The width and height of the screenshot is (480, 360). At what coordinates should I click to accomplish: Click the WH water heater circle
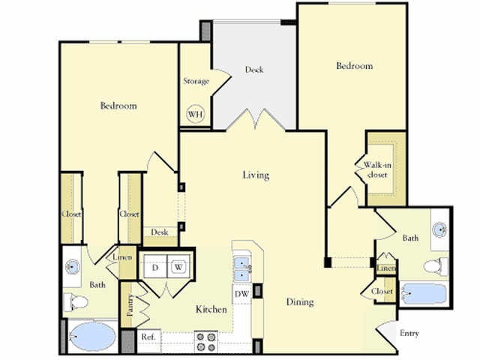(x=196, y=114)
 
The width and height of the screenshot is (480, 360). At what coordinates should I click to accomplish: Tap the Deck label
(x=254, y=70)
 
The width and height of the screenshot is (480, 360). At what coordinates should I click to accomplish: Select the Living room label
(x=255, y=175)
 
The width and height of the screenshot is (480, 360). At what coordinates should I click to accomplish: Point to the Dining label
(x=299, y=302)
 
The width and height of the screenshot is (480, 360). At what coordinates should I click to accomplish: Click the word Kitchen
(x=211, y=309)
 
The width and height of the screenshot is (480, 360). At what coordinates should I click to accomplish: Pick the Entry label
(x=409, y=333)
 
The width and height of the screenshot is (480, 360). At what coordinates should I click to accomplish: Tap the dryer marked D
(x=156, y=266)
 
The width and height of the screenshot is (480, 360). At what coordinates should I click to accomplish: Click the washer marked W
(x=179, y=266)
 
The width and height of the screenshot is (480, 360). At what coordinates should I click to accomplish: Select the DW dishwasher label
(x=241, y=294)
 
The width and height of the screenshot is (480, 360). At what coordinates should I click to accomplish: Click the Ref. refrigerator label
(x=148, y=337)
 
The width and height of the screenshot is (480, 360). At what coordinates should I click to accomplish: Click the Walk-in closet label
(x=376, y=169)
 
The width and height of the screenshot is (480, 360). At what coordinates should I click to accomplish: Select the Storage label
(x=196, y=81)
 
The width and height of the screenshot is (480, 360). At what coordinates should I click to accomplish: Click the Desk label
(x=159, y=232)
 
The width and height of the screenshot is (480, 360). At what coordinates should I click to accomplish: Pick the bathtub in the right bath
(x=424, y=292)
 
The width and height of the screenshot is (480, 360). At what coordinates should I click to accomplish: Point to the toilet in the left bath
(x=77, y=302)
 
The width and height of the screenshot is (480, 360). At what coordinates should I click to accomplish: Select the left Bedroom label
(x=118, y=106)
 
